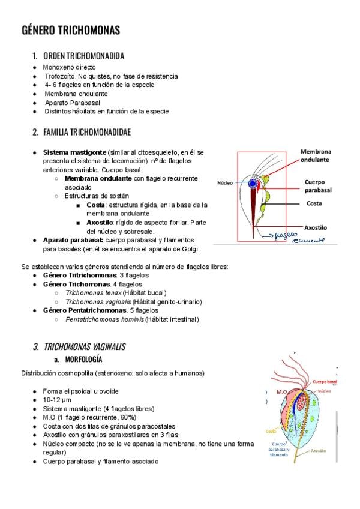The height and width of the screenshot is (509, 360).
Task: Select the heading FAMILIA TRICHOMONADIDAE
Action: (x=87, y=131)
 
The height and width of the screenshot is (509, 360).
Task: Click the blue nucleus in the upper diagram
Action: (x=253, y=182)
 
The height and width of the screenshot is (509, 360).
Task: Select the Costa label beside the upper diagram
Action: (x=314, y=203)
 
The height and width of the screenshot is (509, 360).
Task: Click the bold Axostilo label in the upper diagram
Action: (x=316, y=228)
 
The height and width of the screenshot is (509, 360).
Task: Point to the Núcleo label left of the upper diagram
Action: (x=225, y=182)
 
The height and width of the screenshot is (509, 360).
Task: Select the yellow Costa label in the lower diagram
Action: (x=271, y=431)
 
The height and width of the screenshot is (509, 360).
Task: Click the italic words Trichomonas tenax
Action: (x=89, y=292)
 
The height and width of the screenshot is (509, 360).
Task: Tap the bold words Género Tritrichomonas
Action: (x=80, y=274)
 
